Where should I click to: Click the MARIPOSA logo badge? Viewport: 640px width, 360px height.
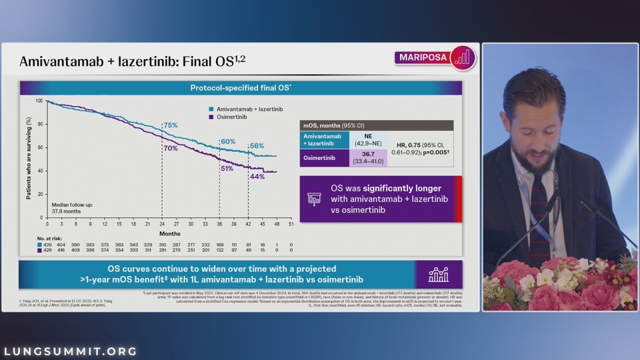coord(435,57)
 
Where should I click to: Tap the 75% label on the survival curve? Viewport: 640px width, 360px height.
coord(171,125)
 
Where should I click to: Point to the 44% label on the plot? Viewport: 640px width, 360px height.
coord(257,177)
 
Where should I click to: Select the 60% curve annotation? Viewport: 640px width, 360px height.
coord(228,142)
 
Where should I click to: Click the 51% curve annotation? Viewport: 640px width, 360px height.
coord(227,169)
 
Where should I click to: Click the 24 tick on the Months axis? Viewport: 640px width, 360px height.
coord(162,224)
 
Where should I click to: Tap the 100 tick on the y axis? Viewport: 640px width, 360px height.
coord(39,101)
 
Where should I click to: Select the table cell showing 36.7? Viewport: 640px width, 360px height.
coord(368,154)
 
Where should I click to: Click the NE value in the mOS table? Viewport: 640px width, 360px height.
coord(368,136)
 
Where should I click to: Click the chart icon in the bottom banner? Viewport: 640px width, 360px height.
coord(438,275)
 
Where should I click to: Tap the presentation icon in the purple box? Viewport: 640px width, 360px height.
coord(313,199)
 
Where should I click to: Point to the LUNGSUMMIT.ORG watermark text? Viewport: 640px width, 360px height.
coord(71,351)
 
